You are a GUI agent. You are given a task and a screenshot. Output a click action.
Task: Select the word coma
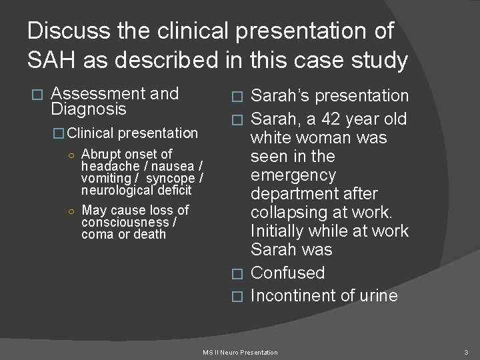(x=96, y=234)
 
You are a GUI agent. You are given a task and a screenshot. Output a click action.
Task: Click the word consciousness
(x=125, y=222)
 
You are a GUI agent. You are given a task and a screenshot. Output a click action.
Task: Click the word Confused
(x=287, y=273)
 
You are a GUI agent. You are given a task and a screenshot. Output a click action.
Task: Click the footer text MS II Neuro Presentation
(x=240, y=351)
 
